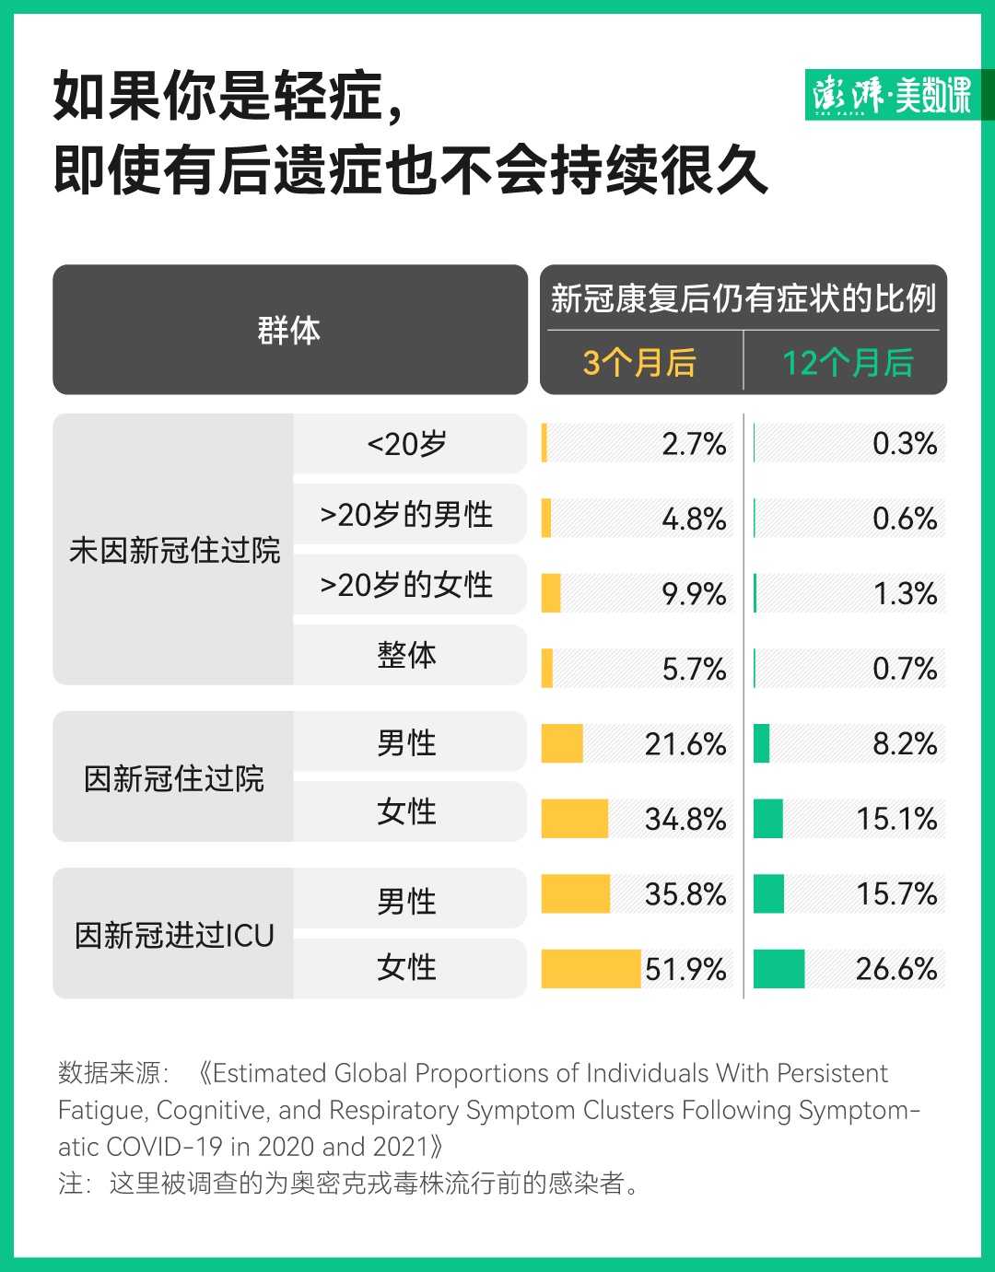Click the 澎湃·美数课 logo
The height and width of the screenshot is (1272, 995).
(892, 94)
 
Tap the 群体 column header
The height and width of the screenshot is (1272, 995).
(289, 330)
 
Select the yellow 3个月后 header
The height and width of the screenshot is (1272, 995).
(639, 362)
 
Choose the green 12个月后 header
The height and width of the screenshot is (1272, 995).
(848, 362)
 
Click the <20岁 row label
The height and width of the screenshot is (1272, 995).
(407, 444)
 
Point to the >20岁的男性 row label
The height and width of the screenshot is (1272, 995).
(407, 514)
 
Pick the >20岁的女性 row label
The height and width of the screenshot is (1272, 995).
(407, 585)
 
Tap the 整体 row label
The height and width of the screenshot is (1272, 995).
(407, 655)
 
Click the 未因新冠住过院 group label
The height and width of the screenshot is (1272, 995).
(174, 550)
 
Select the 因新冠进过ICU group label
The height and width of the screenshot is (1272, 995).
(174, 935)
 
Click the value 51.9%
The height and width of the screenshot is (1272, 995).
(685, 969)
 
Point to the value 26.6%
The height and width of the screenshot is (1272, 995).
(896, 969)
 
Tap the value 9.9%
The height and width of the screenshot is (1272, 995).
(694, 594)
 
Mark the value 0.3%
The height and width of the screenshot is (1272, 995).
(905, 444)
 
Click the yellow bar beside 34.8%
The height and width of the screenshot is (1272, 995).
(575, 819)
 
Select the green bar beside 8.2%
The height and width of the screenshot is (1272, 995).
(761, 743)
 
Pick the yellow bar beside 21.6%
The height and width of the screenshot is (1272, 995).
(562, 743)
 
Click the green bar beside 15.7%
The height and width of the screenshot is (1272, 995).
(768, 893)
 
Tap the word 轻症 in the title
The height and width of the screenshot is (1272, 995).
(327, 96)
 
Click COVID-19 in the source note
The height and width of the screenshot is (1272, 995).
(165, 1147)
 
